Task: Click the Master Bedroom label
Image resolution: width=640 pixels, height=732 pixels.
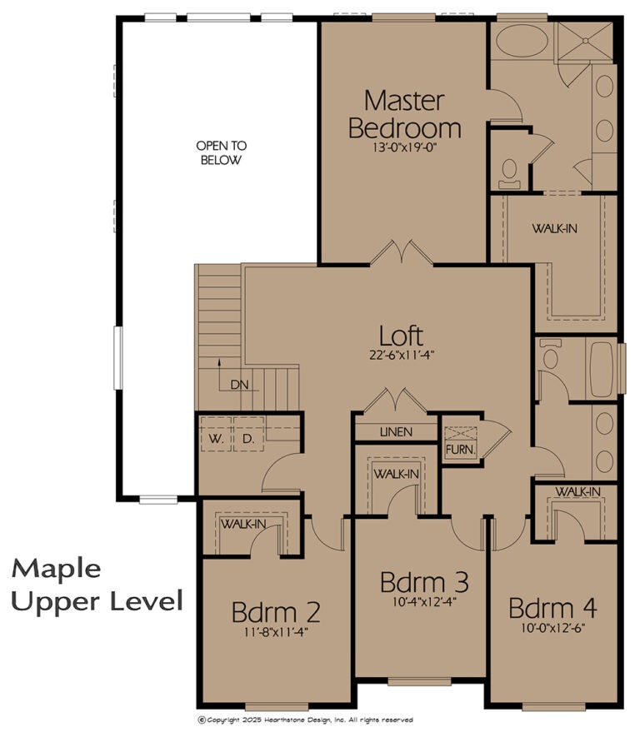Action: pos(404,114)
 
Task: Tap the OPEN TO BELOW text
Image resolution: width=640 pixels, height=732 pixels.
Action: pos(221,152)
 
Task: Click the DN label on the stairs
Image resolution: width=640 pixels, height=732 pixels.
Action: pos(240,386)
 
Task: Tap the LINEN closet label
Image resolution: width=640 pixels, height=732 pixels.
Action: pos(396,433)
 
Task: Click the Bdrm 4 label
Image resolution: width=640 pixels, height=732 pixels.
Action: pos(552,607)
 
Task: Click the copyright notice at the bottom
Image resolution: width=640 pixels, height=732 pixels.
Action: pos(304,720)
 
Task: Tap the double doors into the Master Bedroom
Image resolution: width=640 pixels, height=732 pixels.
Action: pos(402,254)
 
